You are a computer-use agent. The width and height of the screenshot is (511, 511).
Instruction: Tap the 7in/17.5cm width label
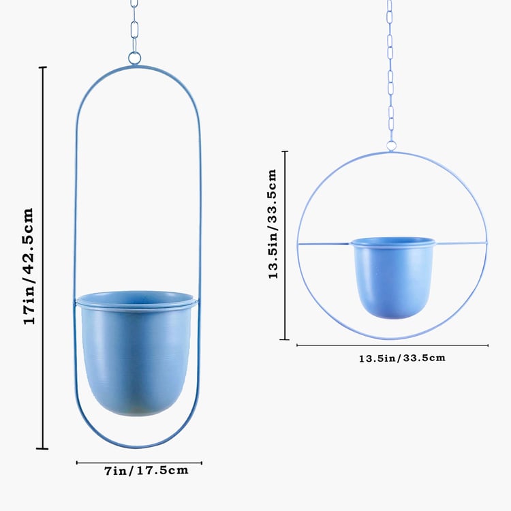146,470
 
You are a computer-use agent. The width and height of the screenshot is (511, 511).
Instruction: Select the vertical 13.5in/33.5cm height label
273,223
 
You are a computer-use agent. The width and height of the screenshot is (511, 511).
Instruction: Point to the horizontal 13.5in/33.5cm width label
402,357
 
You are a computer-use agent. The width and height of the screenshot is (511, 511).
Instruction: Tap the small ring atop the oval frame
135,59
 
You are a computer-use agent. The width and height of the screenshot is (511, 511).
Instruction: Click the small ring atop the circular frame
392,145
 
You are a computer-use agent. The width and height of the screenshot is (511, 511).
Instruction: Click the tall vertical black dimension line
44,259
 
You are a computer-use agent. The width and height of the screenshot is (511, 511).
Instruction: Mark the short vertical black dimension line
285,245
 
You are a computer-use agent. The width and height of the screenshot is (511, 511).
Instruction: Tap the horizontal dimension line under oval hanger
139,463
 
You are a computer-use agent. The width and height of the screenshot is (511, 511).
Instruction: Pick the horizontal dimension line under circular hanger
392,345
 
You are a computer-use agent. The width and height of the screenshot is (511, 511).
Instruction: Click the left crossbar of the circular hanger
324,243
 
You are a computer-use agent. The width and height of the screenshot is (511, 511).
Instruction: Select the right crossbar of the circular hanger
462,242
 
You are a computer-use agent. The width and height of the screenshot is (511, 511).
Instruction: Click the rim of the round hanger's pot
394,241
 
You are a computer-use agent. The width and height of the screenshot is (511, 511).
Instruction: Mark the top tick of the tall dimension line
44,67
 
